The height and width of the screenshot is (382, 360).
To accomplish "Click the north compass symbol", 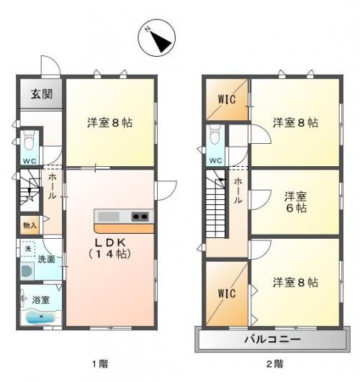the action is click(x=156, y=37).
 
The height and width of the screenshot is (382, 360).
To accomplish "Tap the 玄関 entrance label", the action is click(x=42, y=94).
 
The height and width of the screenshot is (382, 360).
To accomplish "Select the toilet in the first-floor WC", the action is click(x=30, y=140).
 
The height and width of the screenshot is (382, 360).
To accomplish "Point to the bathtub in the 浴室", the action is click(x=40, y=317).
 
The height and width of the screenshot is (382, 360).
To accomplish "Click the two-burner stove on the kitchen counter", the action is click(x=140, y=217).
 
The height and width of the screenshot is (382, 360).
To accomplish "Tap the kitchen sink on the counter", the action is click(x=109, y=217).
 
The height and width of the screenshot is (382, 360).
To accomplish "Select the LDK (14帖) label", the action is click(x=109, y=248).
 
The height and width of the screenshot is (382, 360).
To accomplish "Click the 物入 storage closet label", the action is click(x=30, y=226).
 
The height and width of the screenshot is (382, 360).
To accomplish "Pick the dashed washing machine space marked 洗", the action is click(x=28, y=249).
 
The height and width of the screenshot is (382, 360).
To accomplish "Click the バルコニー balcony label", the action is click(x=272, y=339).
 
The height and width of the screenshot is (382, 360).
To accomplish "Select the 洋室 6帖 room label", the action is click(x=296, y=202).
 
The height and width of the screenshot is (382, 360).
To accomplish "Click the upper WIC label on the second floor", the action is click(x=227, y=99).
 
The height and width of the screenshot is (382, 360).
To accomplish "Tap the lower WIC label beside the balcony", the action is click(x=227, y=294).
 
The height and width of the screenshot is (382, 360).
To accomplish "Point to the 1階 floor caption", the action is click(x=100, y=364).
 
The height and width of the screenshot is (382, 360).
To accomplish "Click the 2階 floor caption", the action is click(x=275, y=364).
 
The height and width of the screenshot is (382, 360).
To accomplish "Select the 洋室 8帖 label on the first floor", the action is click(x=110, y=122).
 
